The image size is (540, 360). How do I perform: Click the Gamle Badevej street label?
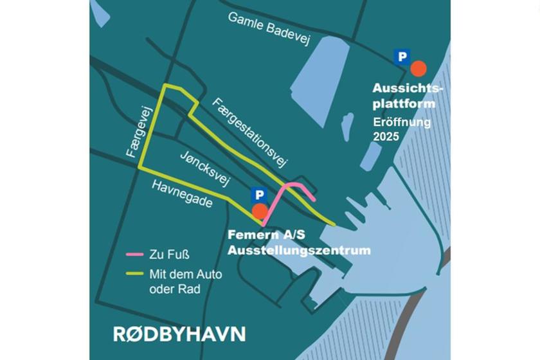(x=269, y=28)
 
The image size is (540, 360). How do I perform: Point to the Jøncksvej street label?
(x=204, y=170)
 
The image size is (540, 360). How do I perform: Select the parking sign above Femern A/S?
(x=258, y=195)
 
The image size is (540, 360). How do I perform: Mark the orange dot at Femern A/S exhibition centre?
(x=260, y=210)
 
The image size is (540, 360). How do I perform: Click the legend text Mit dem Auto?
(x=185, y=274)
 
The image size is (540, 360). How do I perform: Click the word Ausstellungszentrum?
(x=300, y=249)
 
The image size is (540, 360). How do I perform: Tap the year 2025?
(x=386, y=137)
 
